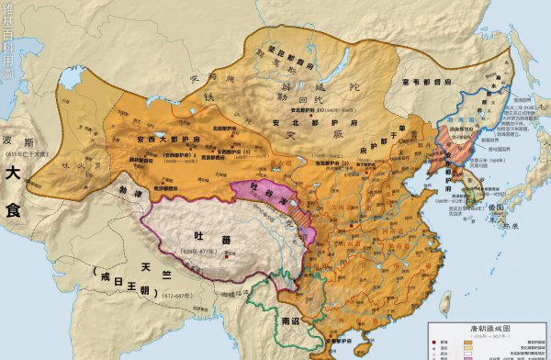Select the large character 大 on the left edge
(13, 172)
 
